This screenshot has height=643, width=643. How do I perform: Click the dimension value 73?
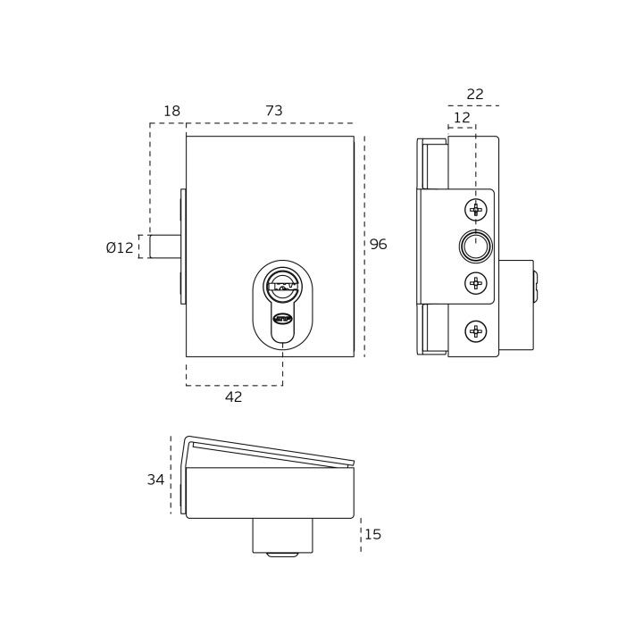pos(274,111)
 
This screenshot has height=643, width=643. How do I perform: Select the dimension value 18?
pos(171,111)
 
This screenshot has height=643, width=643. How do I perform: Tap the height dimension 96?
pos(378,244)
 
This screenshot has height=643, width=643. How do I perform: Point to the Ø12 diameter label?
pos(120,247)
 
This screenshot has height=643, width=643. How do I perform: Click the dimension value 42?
pos(234,397)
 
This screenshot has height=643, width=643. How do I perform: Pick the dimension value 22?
pos(475,95)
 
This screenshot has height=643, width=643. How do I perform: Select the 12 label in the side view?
pos(462,118)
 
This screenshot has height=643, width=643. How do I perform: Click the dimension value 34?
pos(155,480)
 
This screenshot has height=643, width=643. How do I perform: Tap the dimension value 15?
pos(372,534)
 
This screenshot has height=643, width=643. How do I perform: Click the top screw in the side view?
pos(476,210)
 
